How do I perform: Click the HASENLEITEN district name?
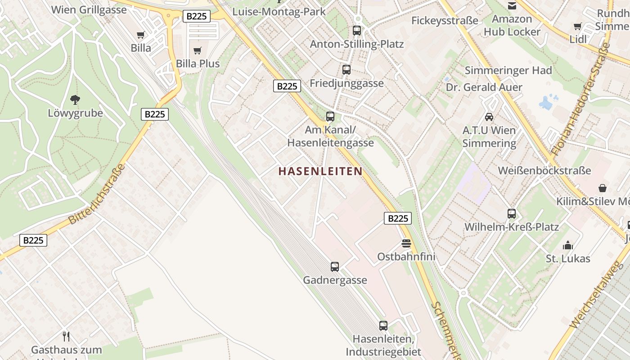[x=320, y=171]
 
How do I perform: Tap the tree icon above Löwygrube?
[x=75, y=100]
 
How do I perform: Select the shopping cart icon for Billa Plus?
[x=198, y=50]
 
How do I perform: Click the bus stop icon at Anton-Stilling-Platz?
[x=357, y=31]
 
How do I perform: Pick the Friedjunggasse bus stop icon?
[x=346, y=70]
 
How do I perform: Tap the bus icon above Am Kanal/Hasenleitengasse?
[x=330, y=117]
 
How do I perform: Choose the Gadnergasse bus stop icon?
[x=335, y=267]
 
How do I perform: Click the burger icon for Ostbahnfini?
[x=406, y=243]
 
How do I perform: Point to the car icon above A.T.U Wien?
[x=489, y=117]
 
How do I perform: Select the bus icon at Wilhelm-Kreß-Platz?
[x=512, y=214]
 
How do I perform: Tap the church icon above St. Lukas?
[x=568, y=245]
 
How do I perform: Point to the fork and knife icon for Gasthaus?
[x=66, y=336]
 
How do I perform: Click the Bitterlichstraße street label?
[x=97, y=194]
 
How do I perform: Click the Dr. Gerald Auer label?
[x=484, y=87]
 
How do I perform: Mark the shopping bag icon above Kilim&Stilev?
[x=603, y=188]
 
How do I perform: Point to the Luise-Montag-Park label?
[x=279, y=11]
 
